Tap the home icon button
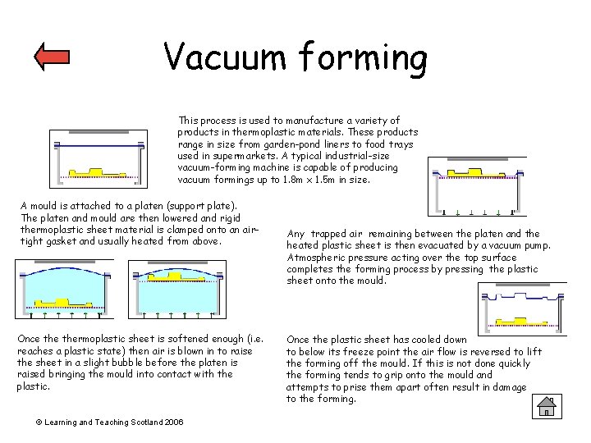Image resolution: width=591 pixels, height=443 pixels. tap(546, 406)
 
